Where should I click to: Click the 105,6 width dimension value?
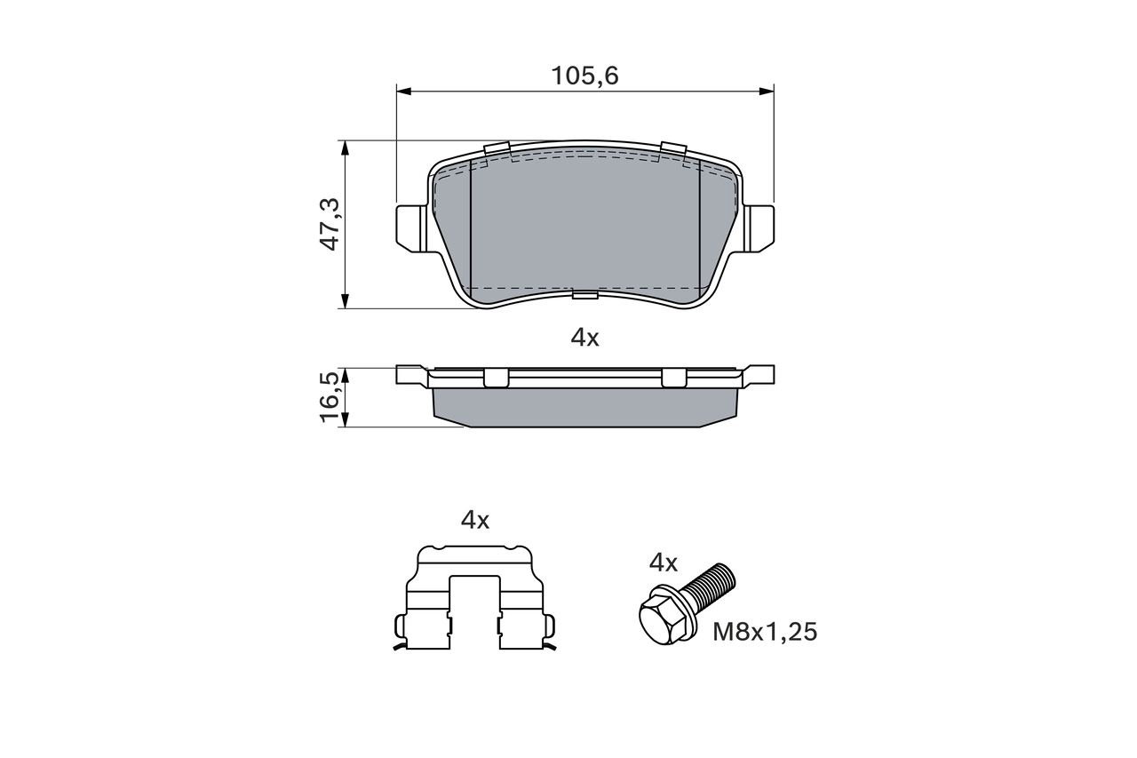[584, 76]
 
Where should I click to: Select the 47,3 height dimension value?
[330, 224]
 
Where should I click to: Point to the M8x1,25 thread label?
[765, 632]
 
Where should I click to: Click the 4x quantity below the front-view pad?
[584, 338]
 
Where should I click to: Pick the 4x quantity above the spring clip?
[475, 521]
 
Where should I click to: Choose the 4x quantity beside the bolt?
[664, 563]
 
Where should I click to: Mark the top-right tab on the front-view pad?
[673, 150]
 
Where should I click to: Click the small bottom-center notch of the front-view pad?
[585, 294]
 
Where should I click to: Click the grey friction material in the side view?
[584, 408]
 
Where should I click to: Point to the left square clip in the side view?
[497, 379]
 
